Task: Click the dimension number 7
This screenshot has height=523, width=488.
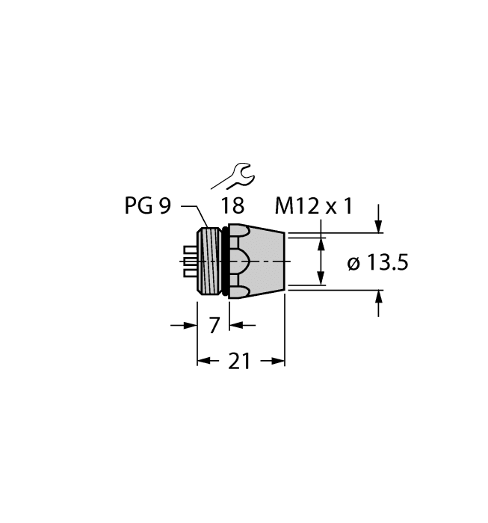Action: pos(213,325)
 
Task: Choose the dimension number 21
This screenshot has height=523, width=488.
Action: pos(240,362)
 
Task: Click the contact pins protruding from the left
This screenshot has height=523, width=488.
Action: pos(190,261)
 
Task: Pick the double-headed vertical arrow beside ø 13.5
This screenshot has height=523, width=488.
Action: pos(323,261)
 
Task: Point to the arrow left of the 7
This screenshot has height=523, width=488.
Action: pos(184,325)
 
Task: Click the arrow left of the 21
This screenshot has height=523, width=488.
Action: pos(209,362)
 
